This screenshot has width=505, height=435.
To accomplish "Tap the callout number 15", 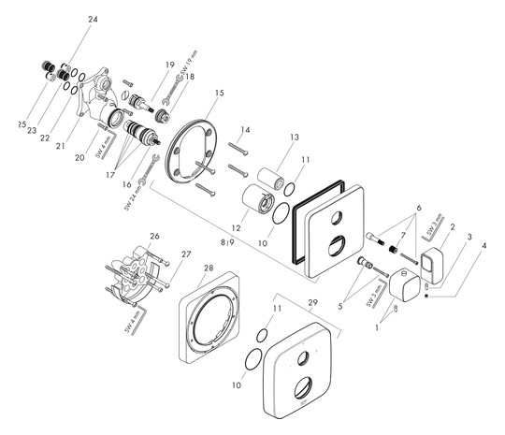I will pyautogui.click(x=220, y=94).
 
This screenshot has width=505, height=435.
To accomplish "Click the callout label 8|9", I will pyautogui.click(x=228, y=240).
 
